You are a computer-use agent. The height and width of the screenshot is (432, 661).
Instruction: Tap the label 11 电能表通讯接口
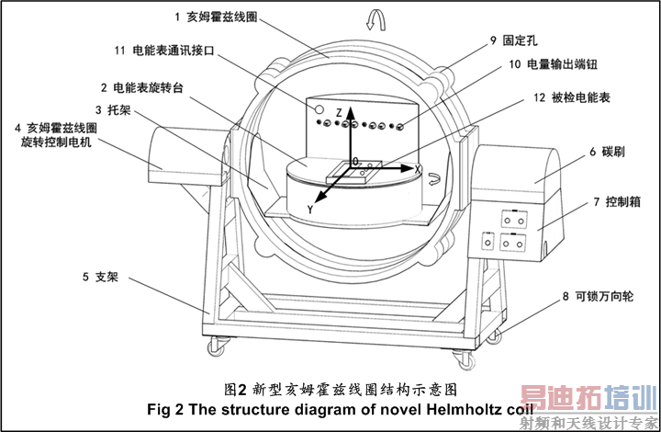[x=183, y=50]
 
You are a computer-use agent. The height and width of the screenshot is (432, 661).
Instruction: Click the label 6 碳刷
[x=607, y=150]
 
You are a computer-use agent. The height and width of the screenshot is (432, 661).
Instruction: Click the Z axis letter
[x=339, y=112]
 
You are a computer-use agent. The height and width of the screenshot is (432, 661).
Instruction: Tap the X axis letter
[x=417, y=170]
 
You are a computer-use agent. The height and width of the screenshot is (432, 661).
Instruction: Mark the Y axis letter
[x=311, y=210]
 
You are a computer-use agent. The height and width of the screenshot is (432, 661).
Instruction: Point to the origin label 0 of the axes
[x=354, y=161]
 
